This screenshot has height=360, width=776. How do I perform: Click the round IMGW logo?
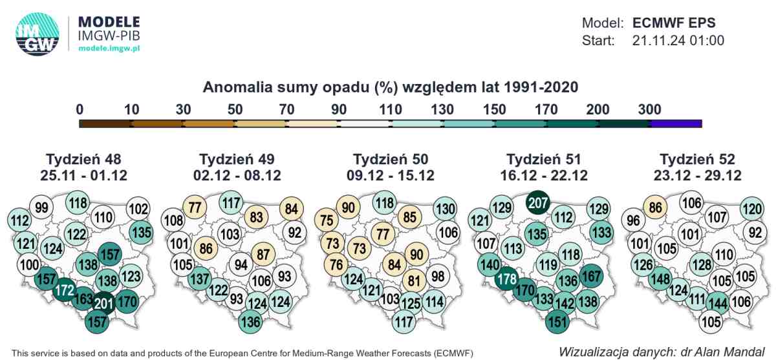37,34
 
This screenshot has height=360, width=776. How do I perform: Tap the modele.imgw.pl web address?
109,48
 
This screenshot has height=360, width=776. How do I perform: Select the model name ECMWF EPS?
674,23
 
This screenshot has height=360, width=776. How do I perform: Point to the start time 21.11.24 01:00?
678,41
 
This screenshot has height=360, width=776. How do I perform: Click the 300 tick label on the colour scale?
649,110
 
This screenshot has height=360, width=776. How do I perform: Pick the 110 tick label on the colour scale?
391,110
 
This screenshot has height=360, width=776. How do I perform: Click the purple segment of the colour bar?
676,123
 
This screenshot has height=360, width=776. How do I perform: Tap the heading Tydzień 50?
391,159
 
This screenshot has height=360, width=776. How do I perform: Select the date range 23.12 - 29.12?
697,176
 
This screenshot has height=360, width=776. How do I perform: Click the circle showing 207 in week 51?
537,203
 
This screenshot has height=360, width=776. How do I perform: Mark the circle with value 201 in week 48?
104,304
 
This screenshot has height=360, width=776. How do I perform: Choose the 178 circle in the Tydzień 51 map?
507,279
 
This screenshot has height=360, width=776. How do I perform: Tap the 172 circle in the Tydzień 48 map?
65,290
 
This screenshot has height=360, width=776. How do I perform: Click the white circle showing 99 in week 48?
41,207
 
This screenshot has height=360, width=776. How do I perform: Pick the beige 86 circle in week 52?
655,207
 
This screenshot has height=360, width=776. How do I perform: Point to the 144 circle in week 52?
718,304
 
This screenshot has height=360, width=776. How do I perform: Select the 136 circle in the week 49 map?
250,322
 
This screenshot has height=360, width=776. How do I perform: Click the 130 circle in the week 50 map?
445,209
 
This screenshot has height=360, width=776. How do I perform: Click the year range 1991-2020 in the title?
541,87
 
